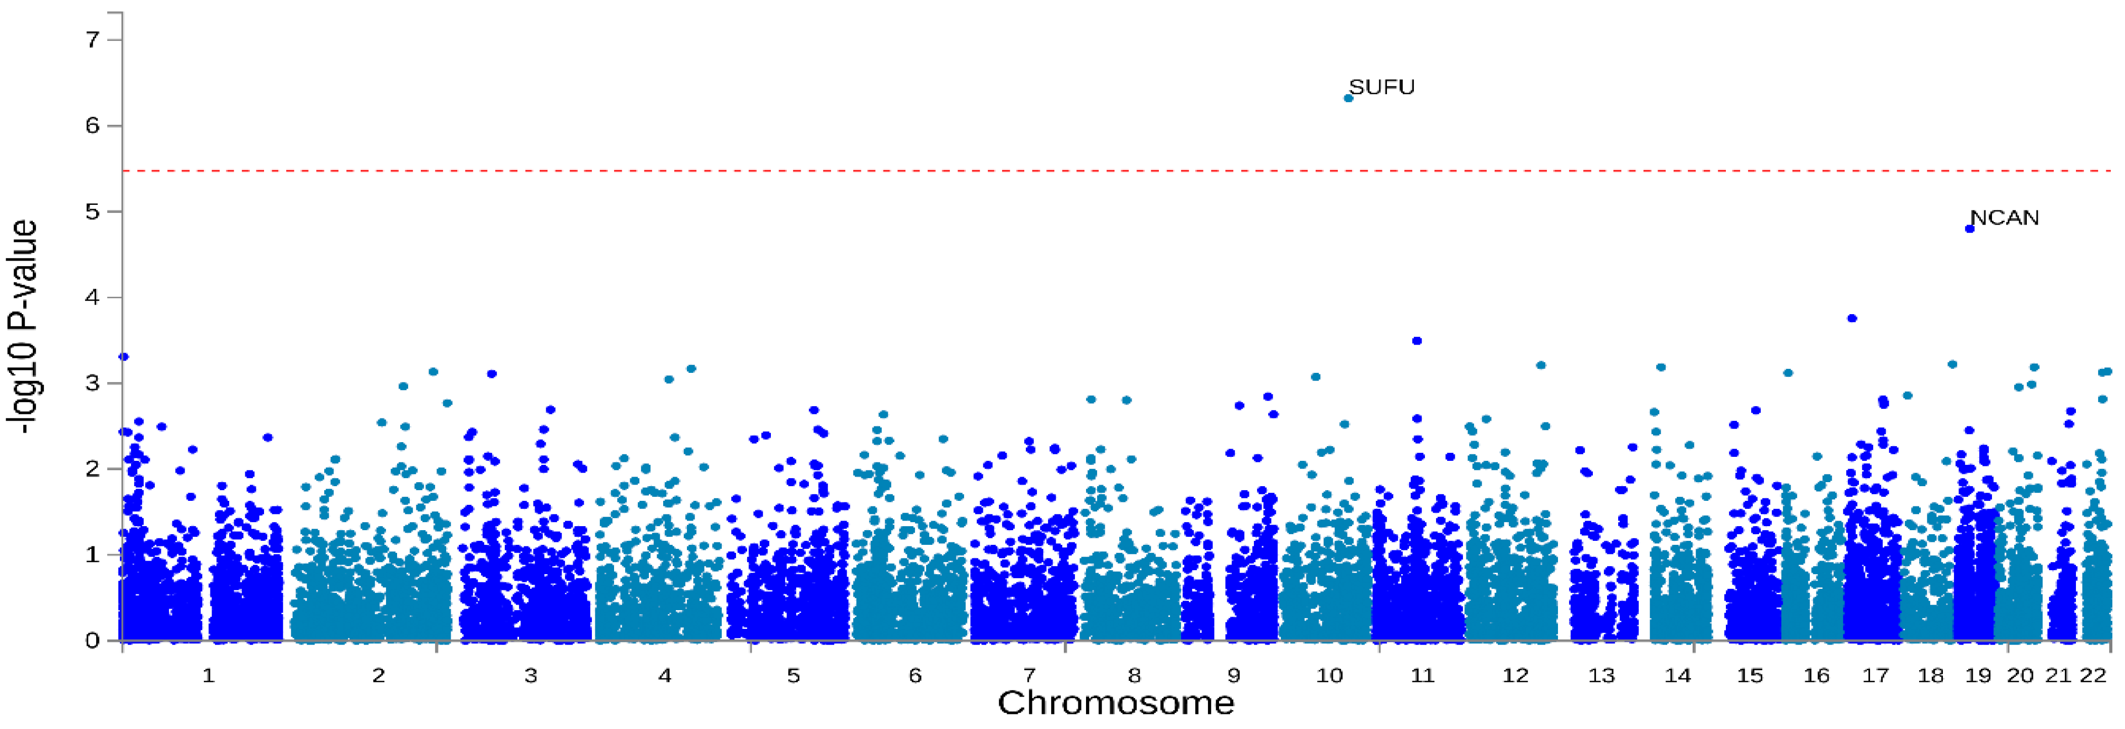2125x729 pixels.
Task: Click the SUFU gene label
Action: pyautogui.click(x=1382, y=88)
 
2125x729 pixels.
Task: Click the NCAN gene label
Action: pyautogui.click(x=2005, y=218)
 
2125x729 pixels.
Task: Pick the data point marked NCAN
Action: pyautogui.click(x=1970, y=229)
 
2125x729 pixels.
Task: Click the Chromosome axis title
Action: pyautogui.click(x=1115, y=703)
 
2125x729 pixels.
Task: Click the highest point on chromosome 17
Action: pyautogui.click(x=1852, y=318)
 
